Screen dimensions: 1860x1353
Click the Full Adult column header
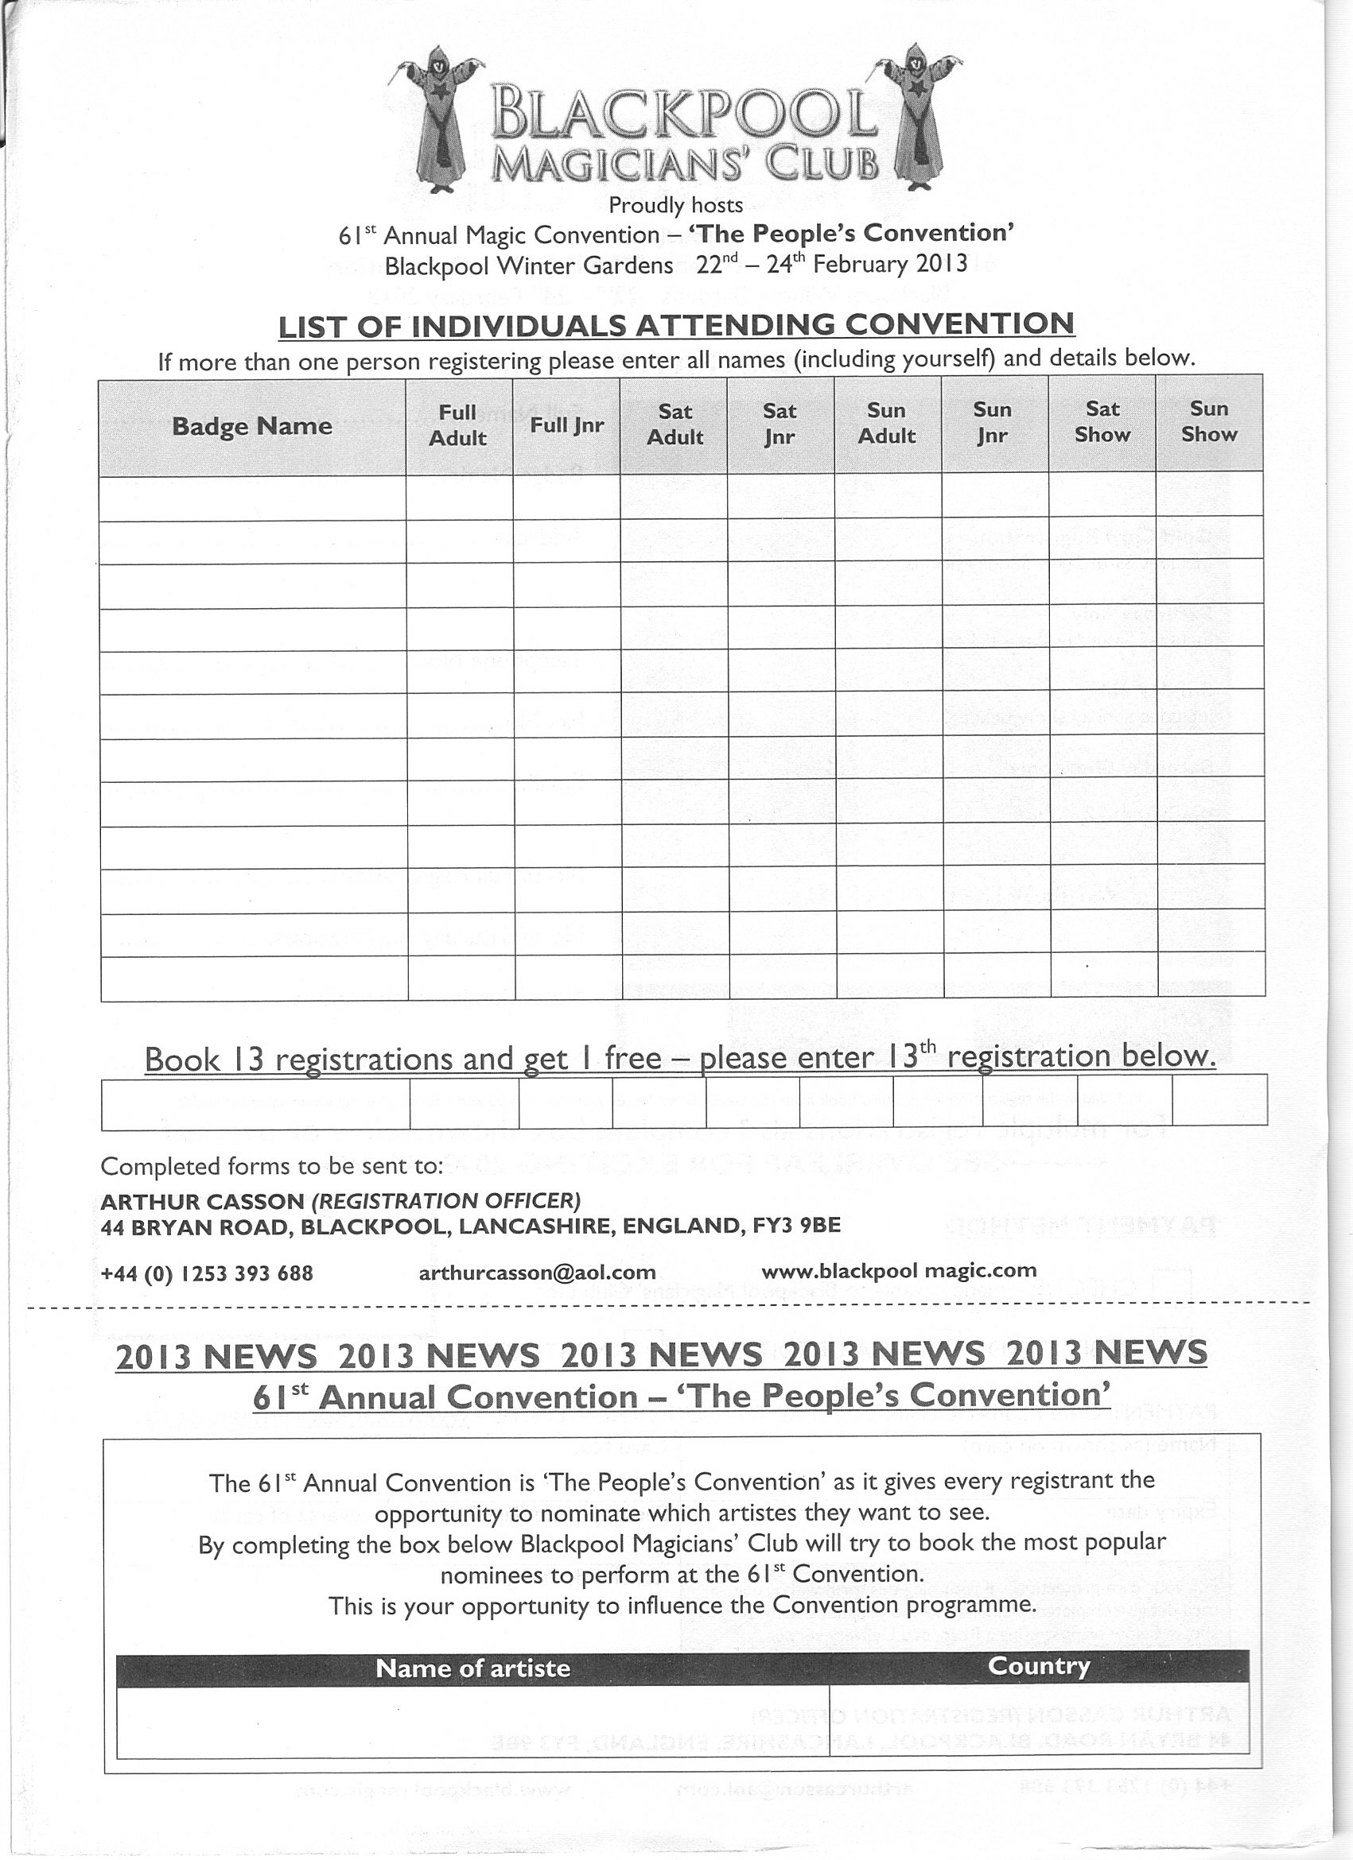point(458,424)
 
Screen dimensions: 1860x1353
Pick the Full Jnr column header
point(566,424)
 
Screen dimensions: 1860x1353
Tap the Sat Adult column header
point(675,424)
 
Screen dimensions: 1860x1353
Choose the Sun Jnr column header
point(993,422)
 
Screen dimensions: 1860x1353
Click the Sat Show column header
point(1102,421)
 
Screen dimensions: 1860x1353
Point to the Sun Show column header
point(1208,421)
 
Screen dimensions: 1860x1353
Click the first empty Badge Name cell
point(253,498)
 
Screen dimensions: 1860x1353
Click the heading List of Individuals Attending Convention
point(676,325)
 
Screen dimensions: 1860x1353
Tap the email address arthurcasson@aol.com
point(537,1273)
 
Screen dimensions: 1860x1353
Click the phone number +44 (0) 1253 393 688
point(206,1273)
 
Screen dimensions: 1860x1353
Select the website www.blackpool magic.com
point(900,1271)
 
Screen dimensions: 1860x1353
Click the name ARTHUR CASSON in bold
point(201,1202)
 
